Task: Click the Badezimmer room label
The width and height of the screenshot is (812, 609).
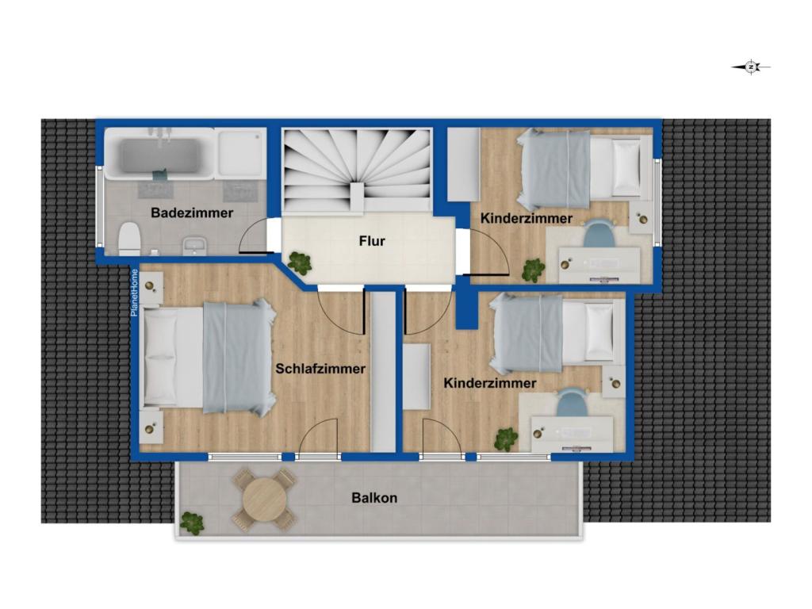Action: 192,213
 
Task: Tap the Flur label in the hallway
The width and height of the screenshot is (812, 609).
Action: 372,241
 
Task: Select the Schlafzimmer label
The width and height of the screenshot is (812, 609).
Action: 320,369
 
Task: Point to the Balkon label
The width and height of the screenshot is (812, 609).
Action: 374,498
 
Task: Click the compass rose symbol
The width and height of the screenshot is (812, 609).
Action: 751,67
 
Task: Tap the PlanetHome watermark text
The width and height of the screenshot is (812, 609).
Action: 134,293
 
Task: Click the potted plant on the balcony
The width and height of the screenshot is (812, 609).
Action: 191,523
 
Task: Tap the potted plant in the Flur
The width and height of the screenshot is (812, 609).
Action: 300,263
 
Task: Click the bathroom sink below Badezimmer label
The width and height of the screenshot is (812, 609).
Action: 195,245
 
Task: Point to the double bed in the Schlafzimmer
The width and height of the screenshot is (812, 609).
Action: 208,358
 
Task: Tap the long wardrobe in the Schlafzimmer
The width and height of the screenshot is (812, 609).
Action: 383,371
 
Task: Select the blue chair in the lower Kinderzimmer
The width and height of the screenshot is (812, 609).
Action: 571,402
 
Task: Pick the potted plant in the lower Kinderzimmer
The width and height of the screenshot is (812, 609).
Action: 506,439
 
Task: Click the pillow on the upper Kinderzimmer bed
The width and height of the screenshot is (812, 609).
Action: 627,168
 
